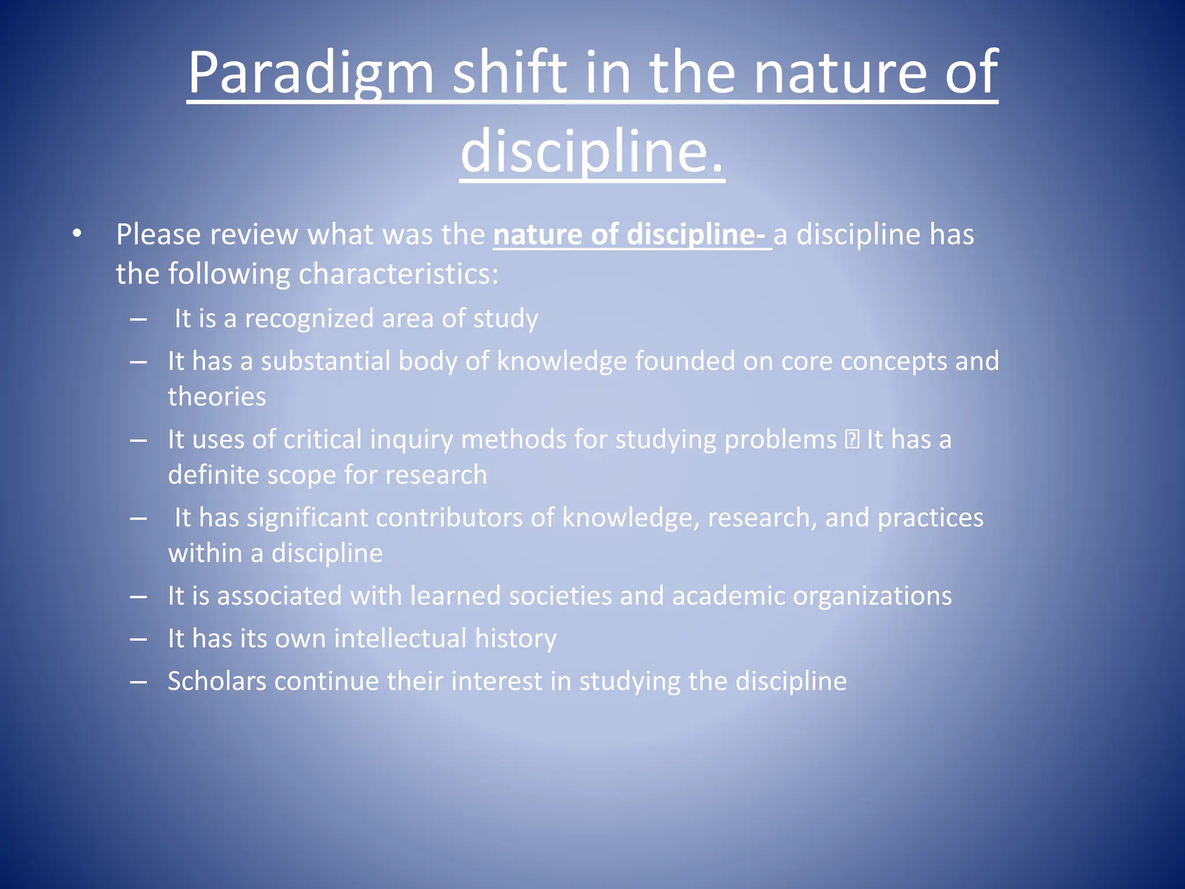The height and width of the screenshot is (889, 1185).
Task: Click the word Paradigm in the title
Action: pos(311,73)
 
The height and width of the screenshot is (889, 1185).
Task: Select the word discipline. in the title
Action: pos(592,152)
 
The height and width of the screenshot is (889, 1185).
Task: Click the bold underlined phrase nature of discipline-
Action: pos(631,235)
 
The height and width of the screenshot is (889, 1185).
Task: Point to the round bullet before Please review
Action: pos(77,234)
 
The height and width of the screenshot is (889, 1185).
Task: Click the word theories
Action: pos(217,397)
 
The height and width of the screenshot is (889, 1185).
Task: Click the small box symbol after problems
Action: pos(852,439)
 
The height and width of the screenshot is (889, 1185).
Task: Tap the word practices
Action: pos(930,517)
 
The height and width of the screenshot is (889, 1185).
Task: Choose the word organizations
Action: pos(872,596)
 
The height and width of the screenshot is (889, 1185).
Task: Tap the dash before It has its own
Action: pos(138,639)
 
